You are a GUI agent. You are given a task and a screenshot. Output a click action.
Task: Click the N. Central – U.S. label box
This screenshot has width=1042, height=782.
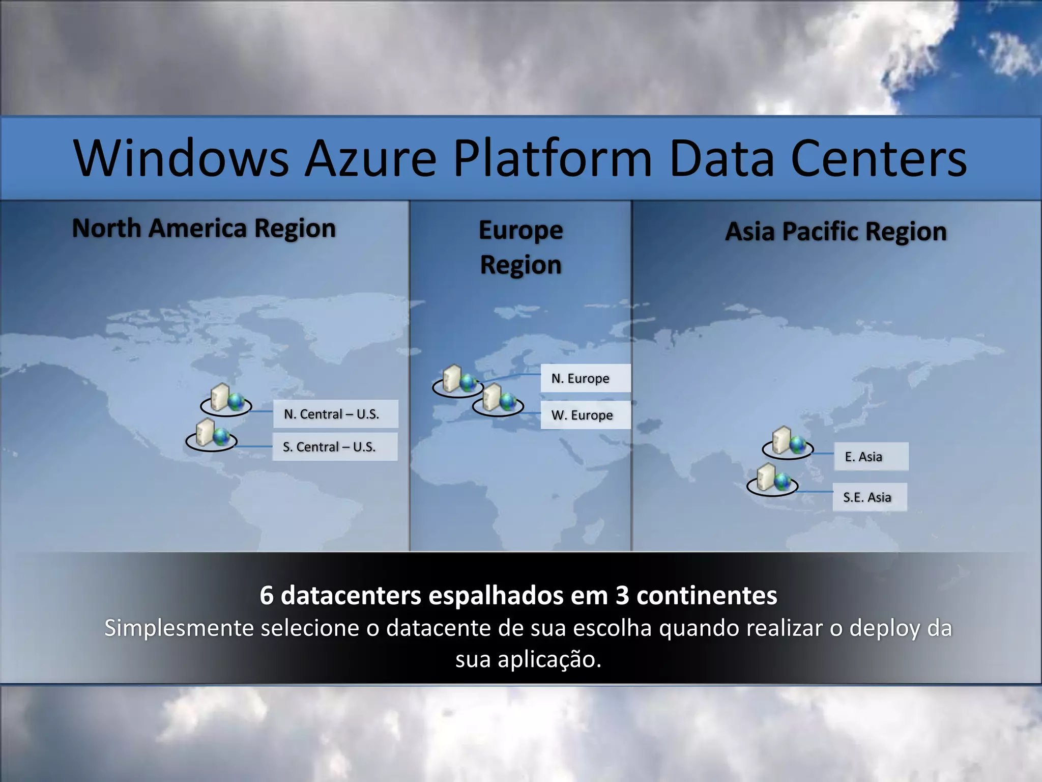[335, 414]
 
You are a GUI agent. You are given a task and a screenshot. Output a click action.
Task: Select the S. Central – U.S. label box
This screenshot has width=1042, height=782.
[334, 446]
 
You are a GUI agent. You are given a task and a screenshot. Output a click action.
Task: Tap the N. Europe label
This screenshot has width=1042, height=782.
[585, 378]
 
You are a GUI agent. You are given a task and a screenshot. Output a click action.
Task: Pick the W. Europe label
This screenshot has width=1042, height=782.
[585, 415]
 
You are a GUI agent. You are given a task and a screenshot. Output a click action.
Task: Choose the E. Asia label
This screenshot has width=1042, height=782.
[871, 456]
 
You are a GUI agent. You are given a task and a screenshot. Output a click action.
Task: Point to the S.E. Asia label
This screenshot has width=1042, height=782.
[869, 497]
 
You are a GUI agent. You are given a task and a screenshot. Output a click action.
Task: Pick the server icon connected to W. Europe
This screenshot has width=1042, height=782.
[498, 400]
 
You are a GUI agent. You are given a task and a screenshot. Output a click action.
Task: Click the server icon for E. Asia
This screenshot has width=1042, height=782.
[788, 442]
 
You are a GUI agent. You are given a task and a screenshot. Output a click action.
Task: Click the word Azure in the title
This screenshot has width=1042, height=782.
[370, 158]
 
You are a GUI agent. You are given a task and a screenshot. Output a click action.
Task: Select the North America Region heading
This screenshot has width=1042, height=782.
[204, 228]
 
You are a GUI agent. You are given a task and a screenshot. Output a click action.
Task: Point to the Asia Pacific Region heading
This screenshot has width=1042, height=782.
[836, 232]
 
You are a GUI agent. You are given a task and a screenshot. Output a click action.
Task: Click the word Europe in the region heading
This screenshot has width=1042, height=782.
[520, 231]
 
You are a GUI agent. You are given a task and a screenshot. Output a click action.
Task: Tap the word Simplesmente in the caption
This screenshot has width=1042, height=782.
[179, 628]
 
